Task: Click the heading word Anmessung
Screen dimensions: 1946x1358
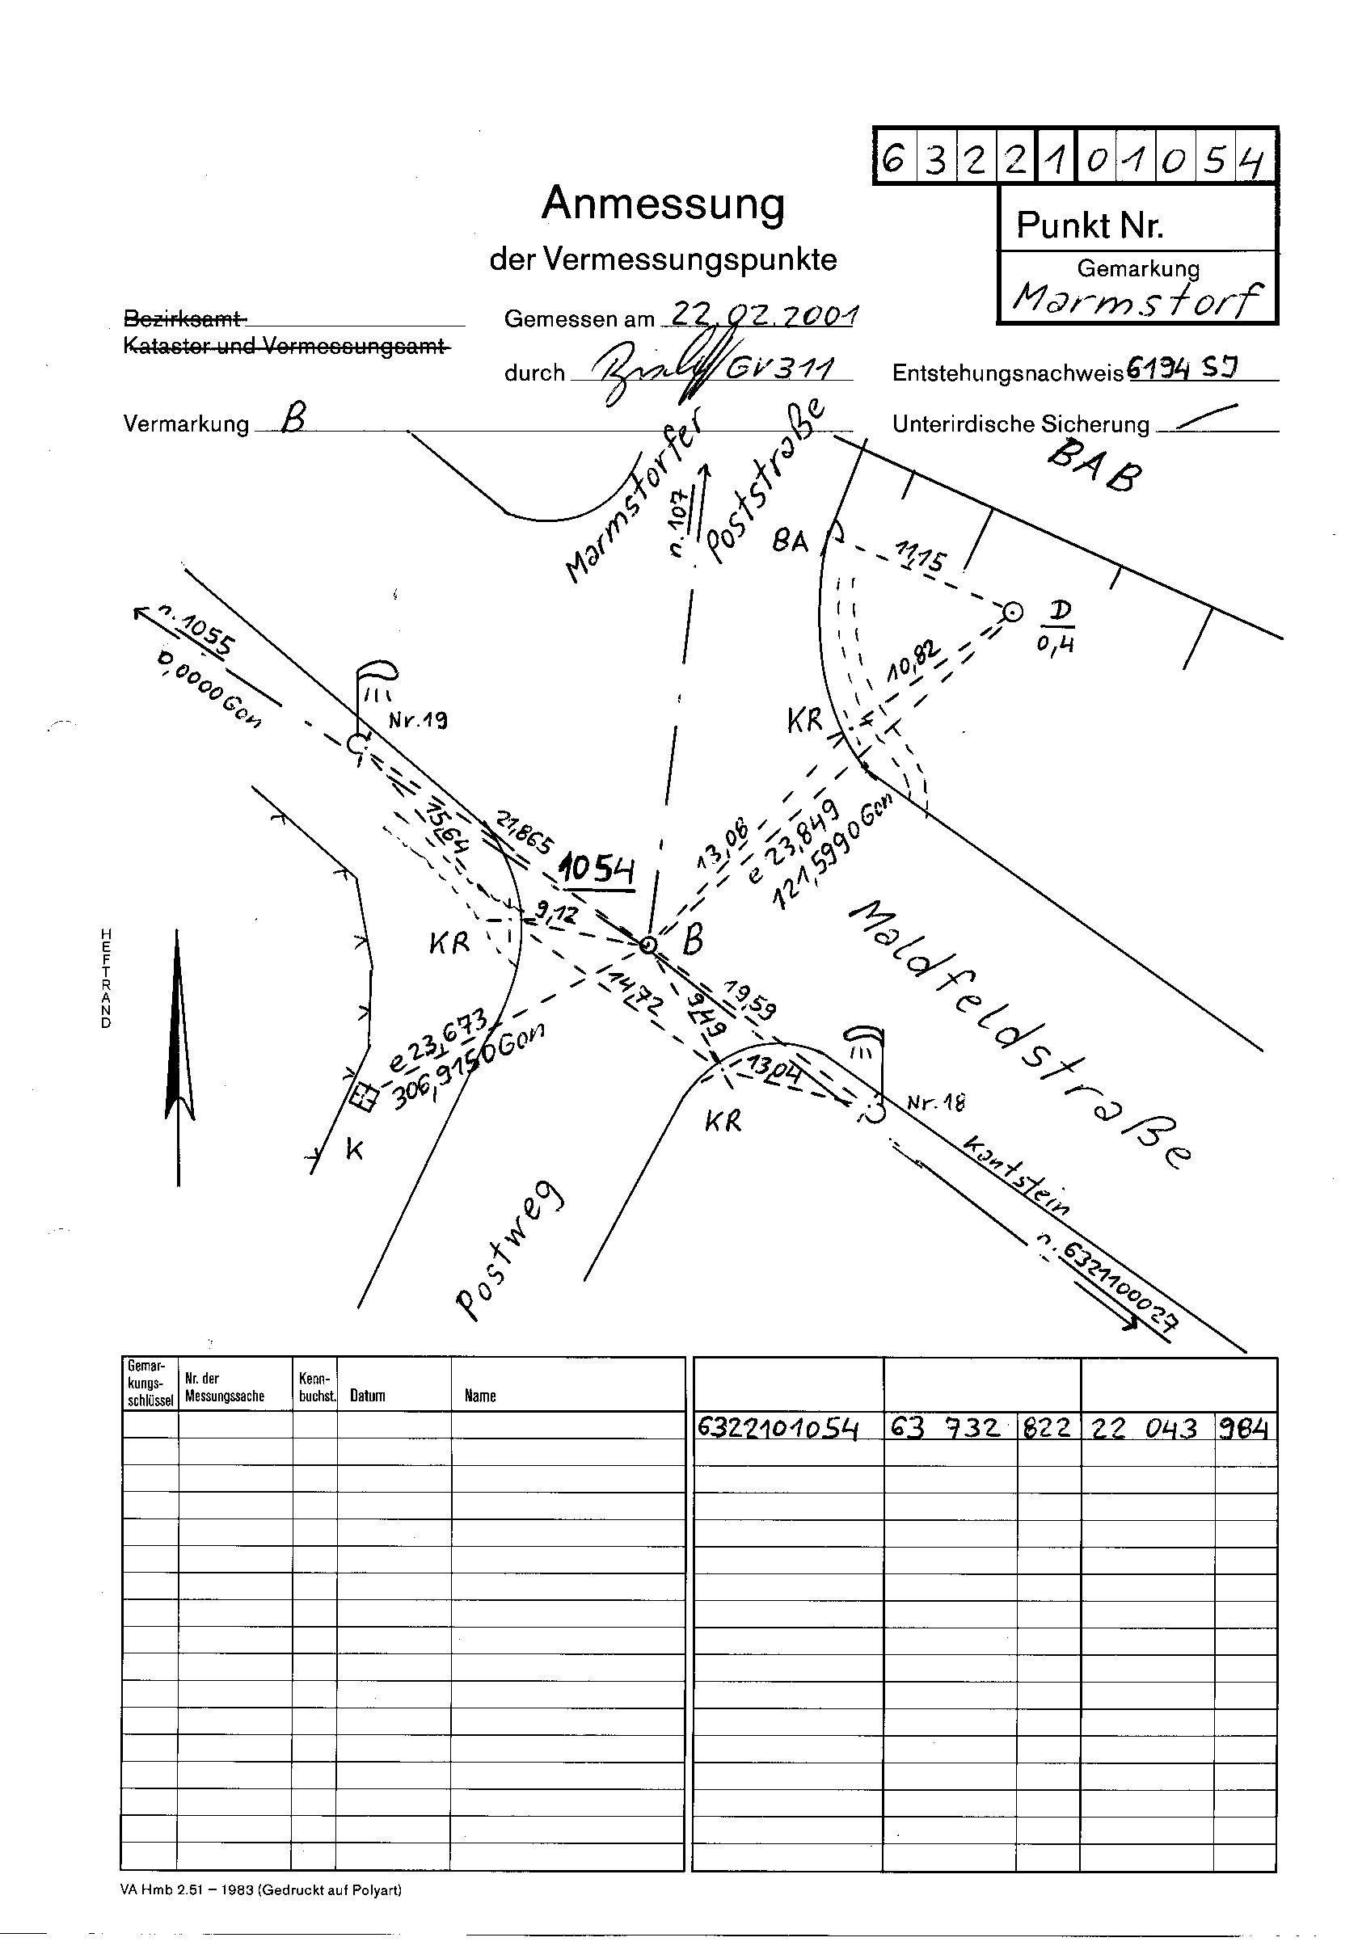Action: pos(663,204)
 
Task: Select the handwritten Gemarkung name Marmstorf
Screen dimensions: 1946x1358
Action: pos(1136,299)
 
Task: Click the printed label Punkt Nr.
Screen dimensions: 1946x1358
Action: pos(1090,225)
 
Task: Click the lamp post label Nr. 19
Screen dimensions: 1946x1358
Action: pos(418,722)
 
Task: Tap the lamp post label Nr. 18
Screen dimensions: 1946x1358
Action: pos(935,1101)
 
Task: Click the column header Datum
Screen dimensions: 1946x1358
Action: pos(367,1396)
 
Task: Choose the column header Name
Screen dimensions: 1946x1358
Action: pos(480,1396)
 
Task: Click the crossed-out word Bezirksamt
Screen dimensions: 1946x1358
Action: pos(185,318)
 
